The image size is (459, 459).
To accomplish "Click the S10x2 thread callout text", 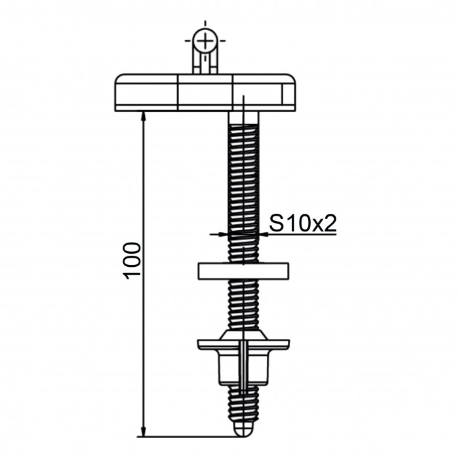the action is (x=303, y=224).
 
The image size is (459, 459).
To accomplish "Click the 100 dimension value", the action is (x=132, y=260).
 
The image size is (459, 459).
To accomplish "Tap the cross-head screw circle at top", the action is (x=205, y=41).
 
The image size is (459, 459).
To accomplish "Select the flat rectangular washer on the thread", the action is (x=243, y=271).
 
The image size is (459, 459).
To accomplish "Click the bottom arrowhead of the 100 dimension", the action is (x=143, y=431).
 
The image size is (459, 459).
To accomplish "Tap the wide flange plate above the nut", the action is (x=243, y=344).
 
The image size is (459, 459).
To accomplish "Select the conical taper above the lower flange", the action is (x=243, y=334).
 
